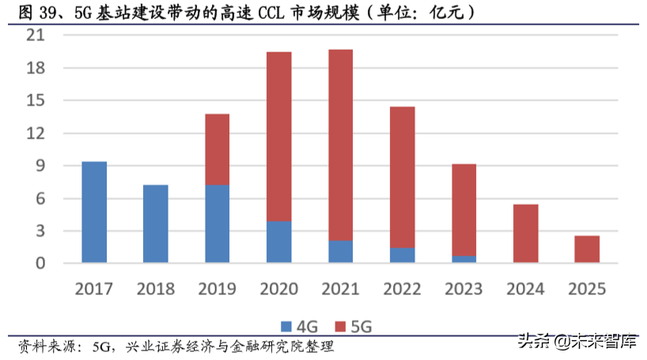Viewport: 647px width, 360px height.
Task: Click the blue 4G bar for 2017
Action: (94, 212)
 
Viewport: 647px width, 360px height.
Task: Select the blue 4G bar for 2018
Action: (156, 224)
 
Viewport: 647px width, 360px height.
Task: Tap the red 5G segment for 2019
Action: (218, 150)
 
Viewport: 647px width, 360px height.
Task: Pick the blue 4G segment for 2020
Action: (278, 242)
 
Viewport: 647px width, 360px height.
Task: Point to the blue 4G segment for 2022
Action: (402, 256)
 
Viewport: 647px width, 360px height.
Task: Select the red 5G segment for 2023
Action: (463, 210)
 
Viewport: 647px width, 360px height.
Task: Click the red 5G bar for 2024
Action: (525, 233)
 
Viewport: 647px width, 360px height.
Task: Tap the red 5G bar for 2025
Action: (587, 249)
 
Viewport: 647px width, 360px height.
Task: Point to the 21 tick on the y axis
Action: (37, 36)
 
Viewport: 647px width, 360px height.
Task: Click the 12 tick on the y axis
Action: (37, 134)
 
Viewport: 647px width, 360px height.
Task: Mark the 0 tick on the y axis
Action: (41, 263)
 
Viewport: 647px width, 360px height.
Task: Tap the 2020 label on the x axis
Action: (278, 288)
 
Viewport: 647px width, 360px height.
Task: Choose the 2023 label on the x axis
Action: (463, 288)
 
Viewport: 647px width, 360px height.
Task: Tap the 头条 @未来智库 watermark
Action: (577, 343)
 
